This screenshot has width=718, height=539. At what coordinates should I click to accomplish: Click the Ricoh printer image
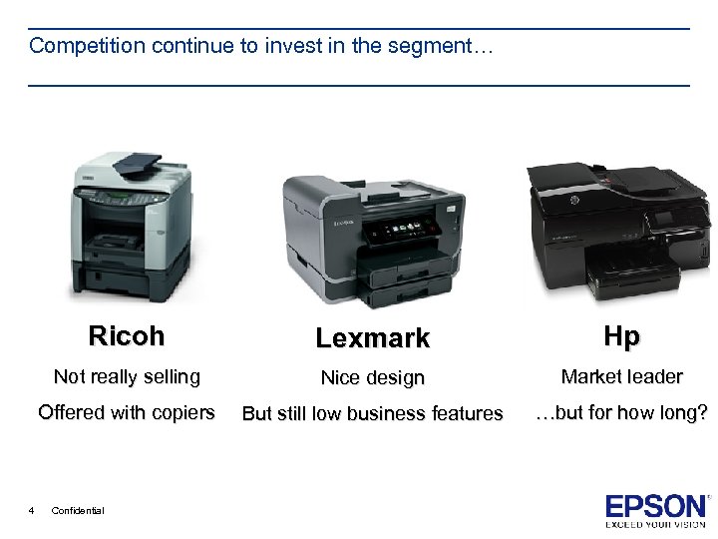coord(131,229)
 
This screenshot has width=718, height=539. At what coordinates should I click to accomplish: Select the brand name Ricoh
coord(127,336)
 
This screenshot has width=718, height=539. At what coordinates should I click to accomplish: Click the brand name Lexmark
coord(372,338)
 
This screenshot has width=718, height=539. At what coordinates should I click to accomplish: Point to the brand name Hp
coord(621,337)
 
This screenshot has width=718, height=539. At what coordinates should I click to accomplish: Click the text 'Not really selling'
coord(127,376)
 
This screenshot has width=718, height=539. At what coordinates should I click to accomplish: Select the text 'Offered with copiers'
coord(127,412)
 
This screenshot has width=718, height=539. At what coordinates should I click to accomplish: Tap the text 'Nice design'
coord(372,378)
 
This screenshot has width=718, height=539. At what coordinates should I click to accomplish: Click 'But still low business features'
coord(372,413)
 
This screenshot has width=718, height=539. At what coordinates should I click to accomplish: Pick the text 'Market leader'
coord(621,376)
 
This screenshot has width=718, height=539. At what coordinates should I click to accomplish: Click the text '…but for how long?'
coord(621,412)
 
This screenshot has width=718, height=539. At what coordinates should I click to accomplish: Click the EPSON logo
coord(656,507)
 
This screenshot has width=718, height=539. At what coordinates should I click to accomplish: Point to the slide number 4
coord(32,510)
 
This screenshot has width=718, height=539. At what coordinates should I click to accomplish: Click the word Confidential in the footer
coord(77,510)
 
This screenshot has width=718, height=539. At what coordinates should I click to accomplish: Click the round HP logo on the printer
coord(575,202)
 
